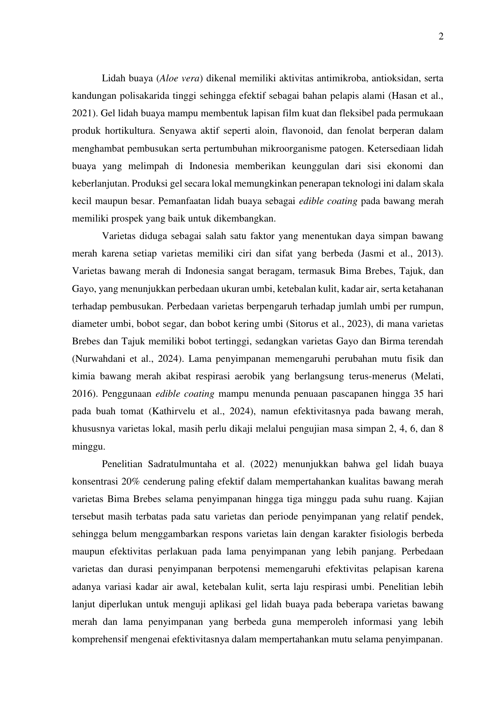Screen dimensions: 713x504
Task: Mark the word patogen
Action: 349,148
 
